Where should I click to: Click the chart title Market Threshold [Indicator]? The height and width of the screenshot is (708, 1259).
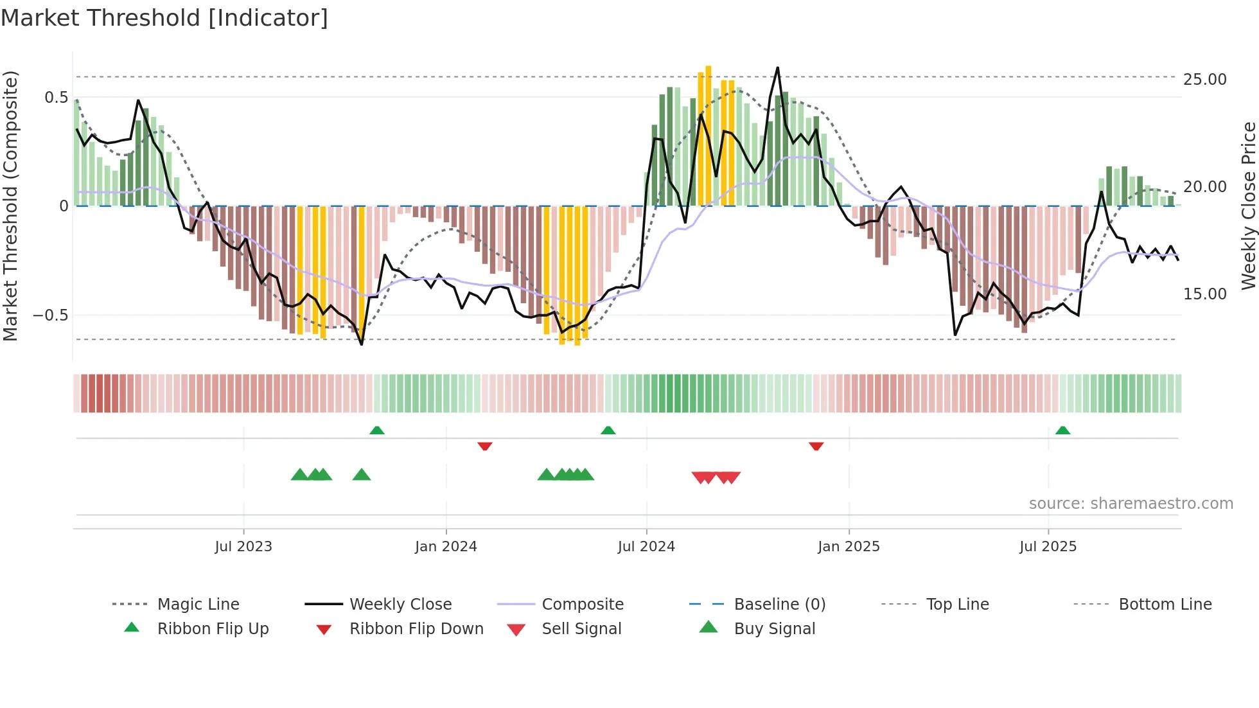tap(164, 18)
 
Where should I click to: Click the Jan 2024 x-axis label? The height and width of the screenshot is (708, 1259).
tap(446, 546)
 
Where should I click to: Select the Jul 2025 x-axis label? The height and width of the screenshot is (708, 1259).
tap(1048, 546)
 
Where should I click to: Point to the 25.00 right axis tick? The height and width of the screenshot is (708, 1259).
tap(1204, 79)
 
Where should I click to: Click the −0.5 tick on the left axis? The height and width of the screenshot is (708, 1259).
tap(50, 315)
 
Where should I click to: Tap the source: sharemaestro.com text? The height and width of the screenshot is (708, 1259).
tap(1131, 503)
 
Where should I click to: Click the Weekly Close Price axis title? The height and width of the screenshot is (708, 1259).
tap(1248, 206)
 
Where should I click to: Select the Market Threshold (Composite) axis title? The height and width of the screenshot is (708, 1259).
tap(10, 206)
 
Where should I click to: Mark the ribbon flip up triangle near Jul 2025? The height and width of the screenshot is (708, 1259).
tap(1062, 430)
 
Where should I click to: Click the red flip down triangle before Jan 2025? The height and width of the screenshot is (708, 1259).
tap(816, 446)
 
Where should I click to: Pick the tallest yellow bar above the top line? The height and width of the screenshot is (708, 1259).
tap(708, 128)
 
